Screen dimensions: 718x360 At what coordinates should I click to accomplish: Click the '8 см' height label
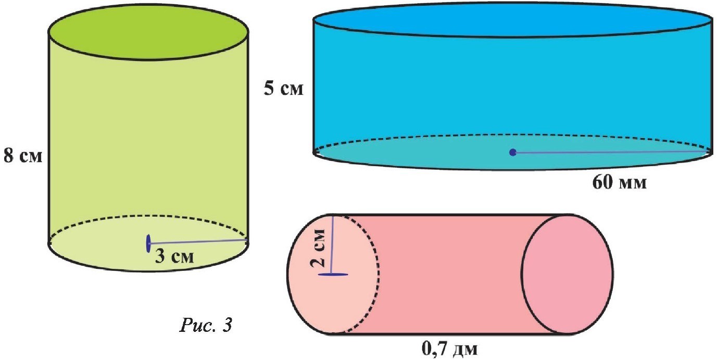22,156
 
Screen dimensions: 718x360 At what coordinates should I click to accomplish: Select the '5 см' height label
283,88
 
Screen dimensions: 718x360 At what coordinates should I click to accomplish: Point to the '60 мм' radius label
620,183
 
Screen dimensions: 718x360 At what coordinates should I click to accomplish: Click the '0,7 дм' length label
449,346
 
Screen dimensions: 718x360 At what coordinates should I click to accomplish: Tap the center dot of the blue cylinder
513,153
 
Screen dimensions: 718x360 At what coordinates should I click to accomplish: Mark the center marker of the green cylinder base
149,242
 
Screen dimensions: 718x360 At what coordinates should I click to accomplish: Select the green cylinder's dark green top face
148,32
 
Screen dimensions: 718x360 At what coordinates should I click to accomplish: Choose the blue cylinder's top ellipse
512,20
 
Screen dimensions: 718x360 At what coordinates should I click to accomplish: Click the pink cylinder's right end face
566,274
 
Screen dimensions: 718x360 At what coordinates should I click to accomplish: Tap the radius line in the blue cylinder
609,153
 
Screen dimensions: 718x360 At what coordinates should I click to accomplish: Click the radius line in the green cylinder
198,241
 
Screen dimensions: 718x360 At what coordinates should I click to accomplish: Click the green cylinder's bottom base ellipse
104,250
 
